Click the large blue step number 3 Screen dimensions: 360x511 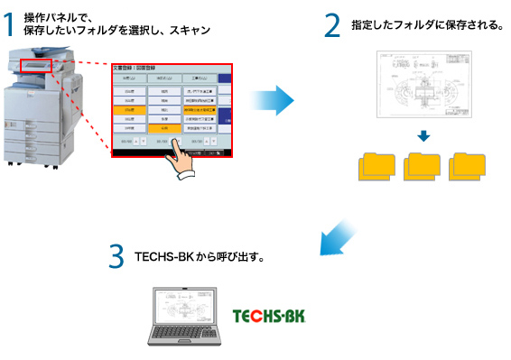pos(116,256)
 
